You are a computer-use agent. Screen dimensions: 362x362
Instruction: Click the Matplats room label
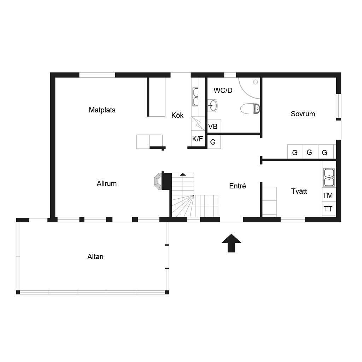tap(102, 110)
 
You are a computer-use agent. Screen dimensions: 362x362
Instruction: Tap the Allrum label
tap(107, 183)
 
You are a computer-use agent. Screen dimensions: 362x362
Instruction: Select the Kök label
tap(177, 115)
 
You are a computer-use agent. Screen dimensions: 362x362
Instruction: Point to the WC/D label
tap(223, 90)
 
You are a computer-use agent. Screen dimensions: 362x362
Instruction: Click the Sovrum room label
tap(303, 114)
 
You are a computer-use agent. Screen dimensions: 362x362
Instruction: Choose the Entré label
tap(237, 186)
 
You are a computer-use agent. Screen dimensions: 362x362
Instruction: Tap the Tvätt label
tap(299, 191)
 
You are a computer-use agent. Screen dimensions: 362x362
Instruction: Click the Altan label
tap(95, 257)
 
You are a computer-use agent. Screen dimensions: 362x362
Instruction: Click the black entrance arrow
tap(231, 243)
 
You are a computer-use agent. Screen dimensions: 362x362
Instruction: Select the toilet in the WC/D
tap(250, 109)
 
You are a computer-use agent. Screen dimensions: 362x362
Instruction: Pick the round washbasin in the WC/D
tap(212, 105)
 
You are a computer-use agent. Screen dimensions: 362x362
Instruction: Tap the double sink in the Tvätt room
tap(329, 177)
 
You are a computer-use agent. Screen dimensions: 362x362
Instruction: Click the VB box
tap(214, 126)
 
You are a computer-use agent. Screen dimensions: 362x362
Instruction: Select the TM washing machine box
tap(329, 195)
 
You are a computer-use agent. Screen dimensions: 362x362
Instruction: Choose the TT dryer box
tap(329, 209)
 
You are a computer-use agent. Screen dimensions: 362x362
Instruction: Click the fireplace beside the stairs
tap(158, 181)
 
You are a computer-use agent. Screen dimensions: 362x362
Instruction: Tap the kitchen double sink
tap(195, 97)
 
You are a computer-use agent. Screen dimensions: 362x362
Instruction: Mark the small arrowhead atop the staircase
tap(183, 174)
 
